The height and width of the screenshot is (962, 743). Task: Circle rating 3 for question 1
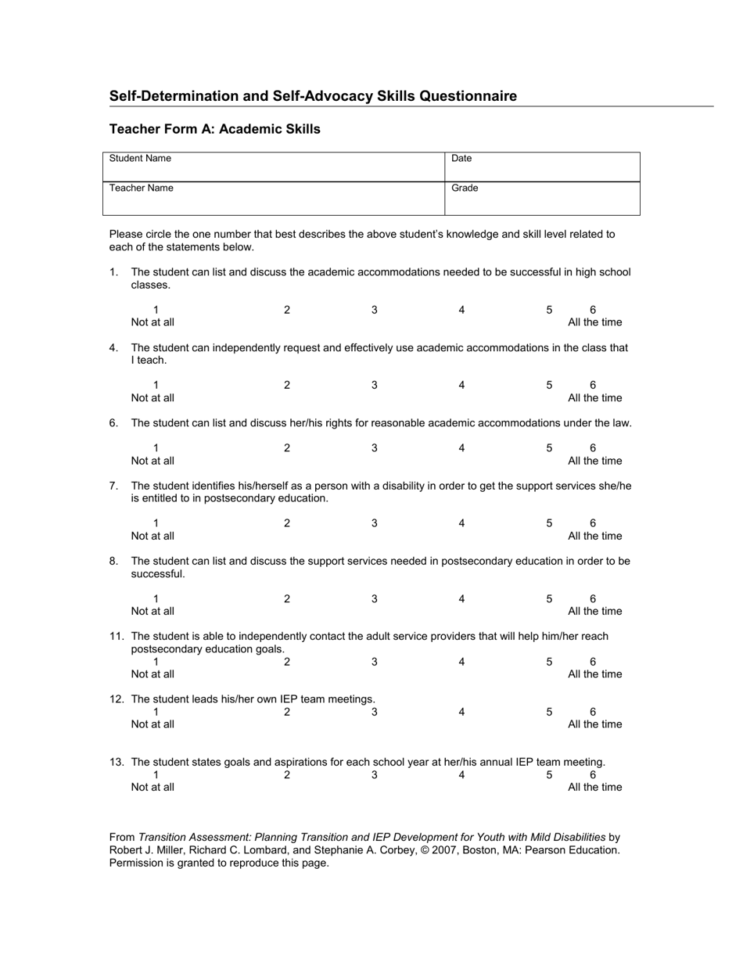[x=375, y=310]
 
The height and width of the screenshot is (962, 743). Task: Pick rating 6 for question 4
[x=593, y=385]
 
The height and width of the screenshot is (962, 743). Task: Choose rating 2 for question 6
[x=287, y=448]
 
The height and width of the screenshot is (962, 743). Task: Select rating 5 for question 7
[x=549, y=523]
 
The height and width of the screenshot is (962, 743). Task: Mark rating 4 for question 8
[x=461, y=599]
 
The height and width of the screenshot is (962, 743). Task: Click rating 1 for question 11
[x=156, y=662]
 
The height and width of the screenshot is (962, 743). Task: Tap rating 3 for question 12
[x=375, y=712]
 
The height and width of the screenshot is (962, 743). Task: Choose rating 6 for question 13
[x=593, y=775]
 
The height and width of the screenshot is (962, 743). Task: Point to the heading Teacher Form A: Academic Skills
[x=214, y=129]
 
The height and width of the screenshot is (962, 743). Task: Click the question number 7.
[x=113, y=486]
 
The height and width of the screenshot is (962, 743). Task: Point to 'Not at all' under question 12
[x=153, y=724]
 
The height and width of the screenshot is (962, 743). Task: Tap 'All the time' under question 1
[x=595, y=322]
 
